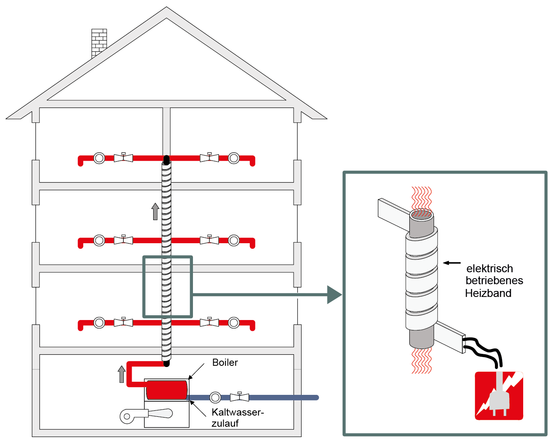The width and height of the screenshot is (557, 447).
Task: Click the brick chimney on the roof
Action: click(x=99, y=41)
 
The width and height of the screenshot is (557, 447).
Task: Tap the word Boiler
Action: click(x=225, y=363)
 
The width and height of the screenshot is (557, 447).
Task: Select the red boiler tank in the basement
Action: click(x=167, y=390)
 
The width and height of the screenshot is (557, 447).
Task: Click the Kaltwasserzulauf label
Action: click(x=237, y=417)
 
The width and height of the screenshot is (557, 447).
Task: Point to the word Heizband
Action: click(x=488, y=293)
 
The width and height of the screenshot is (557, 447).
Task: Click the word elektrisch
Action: click(x=489, y=269)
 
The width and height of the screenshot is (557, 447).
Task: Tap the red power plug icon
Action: click(x=499, y=396)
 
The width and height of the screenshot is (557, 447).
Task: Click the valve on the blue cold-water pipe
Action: click(x=240, y=397)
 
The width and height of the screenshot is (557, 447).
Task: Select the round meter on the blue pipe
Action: click(x=215, y=397)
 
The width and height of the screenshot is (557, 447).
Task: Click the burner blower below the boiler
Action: click(x=146, y=415)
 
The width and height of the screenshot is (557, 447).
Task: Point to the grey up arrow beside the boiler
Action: click(x=122, y=374)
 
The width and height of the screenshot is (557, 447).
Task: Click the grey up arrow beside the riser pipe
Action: click(x=155, y=211)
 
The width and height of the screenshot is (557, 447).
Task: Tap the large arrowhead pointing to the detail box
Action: click(x=334, y=295)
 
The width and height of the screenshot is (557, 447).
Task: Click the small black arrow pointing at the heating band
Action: click(x=452, y=263)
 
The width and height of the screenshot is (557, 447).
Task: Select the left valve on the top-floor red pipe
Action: click(x=123, y=158)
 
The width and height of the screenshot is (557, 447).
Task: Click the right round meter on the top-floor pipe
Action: click(x=234, y=158)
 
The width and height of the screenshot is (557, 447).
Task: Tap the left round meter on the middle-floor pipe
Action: click(x=99, y=240)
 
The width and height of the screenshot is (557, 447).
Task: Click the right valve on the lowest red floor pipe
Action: click(x=209, y=322)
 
